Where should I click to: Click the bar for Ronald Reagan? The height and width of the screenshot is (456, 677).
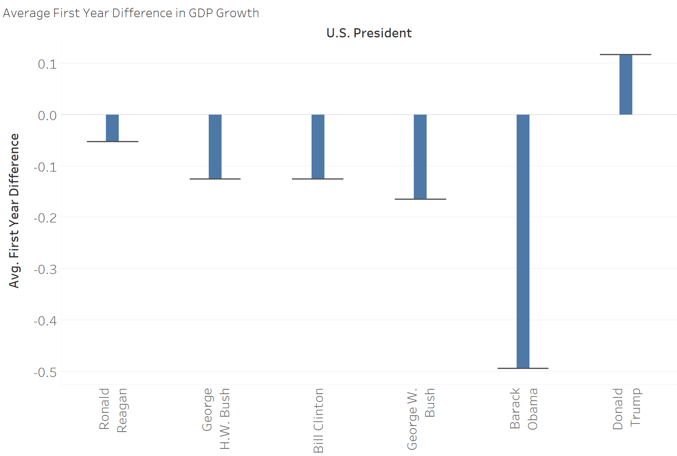point(112,128)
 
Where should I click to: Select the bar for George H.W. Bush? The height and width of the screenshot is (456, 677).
point(215,146)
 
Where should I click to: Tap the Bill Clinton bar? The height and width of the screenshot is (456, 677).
point(318,146)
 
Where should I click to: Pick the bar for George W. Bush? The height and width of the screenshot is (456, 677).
point(420,157)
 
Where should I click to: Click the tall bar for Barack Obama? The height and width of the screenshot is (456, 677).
point(523,241)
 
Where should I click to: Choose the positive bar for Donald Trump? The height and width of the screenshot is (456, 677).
point(626,85)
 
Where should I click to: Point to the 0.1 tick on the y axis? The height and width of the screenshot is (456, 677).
point(47,64)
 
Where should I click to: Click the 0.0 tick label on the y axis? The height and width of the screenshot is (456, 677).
point(47,116)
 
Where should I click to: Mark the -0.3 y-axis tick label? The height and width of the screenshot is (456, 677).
point(45,269)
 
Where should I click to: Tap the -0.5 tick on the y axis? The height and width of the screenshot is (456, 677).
point(45,372)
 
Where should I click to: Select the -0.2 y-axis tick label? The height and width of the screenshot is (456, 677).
point(45,218)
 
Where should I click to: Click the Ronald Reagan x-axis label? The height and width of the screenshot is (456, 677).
point(113,410)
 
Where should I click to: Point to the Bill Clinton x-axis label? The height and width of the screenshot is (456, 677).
point(318,420)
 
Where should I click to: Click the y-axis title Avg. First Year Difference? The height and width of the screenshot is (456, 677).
point(14,211)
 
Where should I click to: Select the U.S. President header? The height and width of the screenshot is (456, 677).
point(369,33)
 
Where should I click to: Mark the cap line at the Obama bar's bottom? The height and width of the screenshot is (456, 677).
point(523,368)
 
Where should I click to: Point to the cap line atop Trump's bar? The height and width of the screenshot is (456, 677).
point(626,55)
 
